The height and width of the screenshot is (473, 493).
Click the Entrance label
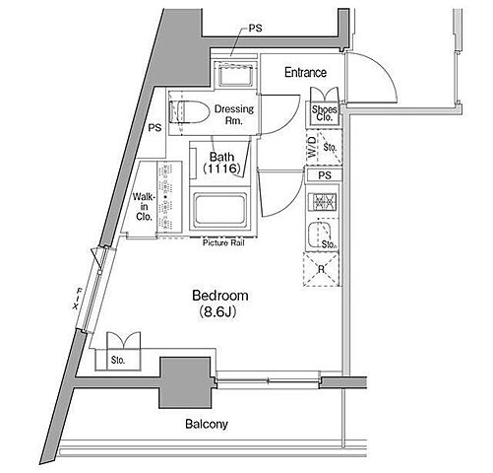click(x=305, y=72)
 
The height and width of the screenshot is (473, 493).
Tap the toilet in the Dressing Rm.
click(x=189, y=111)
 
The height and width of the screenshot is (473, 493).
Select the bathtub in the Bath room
click(x=220, y=210)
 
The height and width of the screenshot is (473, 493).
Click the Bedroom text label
click(x=220, y=296)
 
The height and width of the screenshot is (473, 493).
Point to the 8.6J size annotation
click(x=217, y=312)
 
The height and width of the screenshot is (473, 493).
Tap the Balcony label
click(x=207, y=424)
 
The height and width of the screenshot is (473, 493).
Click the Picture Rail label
click(x=223, y=243)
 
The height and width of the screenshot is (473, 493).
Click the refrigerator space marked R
click(x=321, y=269)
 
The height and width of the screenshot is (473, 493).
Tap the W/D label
click(x=313, y=147)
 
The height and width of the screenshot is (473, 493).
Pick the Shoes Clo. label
click(x=324, y=113)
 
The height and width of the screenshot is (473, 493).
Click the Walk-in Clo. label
click(x=144, y=207)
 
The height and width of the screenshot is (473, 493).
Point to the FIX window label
click(x=78, y=299)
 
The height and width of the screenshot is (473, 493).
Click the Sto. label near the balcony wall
click(x=118, y=361)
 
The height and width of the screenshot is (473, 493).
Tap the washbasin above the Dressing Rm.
click(x=235, y=75)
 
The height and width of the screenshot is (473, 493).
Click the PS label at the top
click(x=255, y=29)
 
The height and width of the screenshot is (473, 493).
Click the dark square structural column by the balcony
click(x=185, y=383)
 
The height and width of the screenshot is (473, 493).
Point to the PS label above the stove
click(x=325, y=175)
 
